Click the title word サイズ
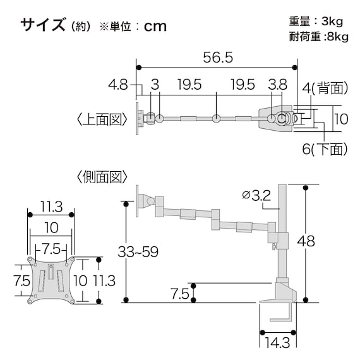pos(42,25)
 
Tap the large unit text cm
pos(155,26)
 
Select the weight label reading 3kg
pos(334,21)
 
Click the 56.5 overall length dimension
pos(218,57)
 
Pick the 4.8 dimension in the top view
pos(118,84)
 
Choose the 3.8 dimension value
pos(278,84)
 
